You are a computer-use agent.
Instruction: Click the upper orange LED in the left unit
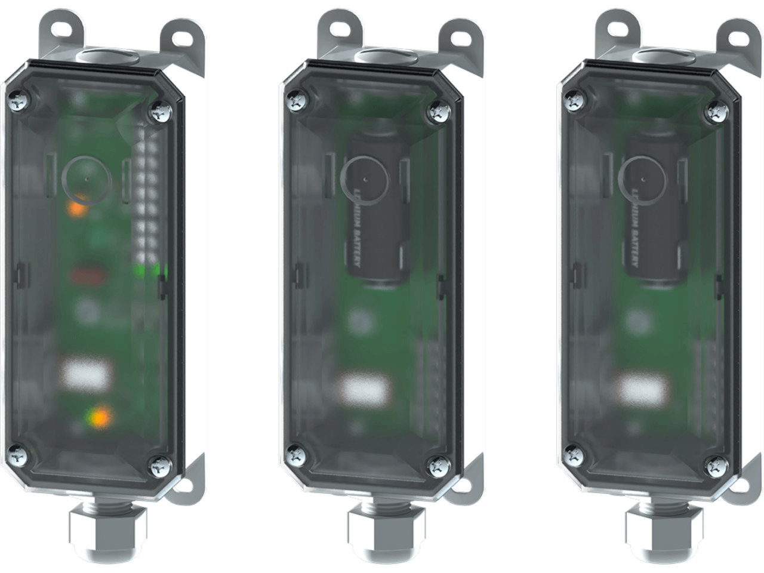tap(77, 208)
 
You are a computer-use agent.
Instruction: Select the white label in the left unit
tap(87, 374)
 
